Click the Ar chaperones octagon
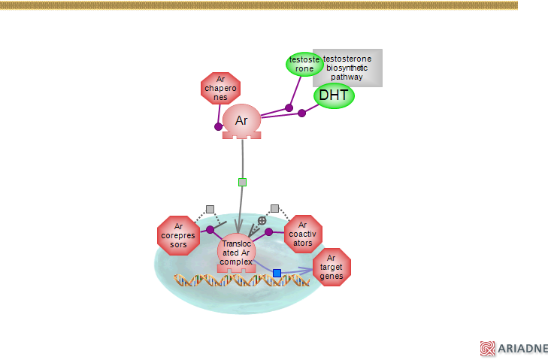(220, 89)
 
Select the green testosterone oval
(303, 64)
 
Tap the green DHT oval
(334, 95)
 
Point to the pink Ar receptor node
(241, 120)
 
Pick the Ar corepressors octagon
(178, 235)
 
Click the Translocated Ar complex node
(237, 253)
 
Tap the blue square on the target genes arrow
(277, 273)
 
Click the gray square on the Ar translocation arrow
(242, 182)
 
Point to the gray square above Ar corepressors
(210, 209)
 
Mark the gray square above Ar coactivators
(274, 208)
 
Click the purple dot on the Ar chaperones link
(219, 126)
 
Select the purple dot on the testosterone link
(289, 108)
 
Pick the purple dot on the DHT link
(301, 113)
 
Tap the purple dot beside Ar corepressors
(210, 230)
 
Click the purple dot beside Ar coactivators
(268, 231)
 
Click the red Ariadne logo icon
(488, 348)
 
